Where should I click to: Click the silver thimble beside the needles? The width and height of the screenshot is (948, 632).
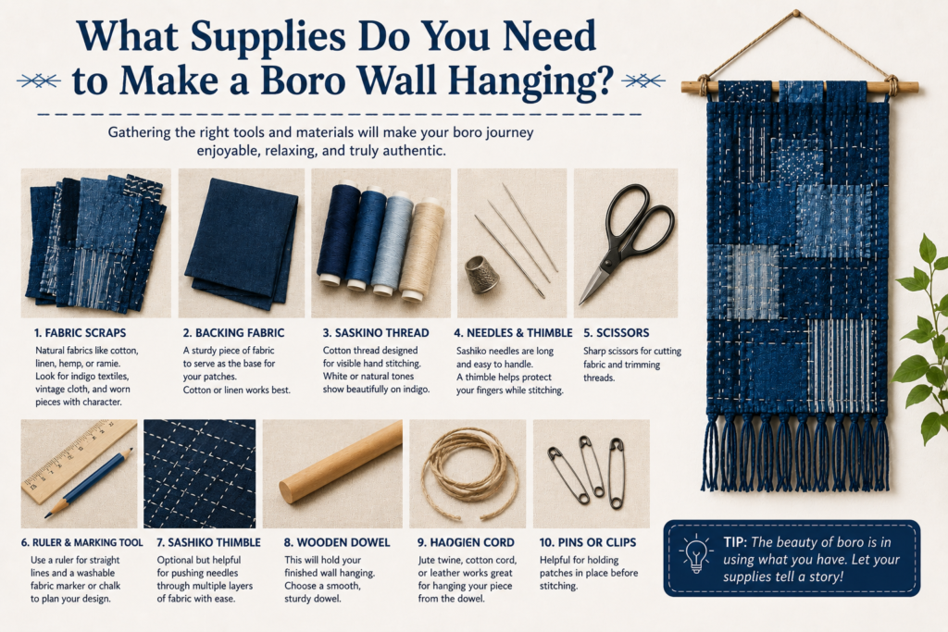pos(481,274)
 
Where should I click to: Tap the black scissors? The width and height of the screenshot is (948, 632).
pos(629,242)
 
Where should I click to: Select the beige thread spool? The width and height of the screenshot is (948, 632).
pos(421,249)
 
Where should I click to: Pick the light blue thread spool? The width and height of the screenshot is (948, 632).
pos(392,244)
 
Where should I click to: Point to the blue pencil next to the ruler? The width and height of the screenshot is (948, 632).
pos(89,483)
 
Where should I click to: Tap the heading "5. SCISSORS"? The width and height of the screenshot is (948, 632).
pos(616,333)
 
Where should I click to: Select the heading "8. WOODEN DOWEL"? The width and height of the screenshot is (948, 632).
pos(337,542)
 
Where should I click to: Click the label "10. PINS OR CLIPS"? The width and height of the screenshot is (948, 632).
pos(588,542)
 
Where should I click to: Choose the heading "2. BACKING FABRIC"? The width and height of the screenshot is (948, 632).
pos(233,333)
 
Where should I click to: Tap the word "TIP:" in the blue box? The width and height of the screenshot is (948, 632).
pos(735,542)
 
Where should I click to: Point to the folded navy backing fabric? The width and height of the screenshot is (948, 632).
pos(242,242)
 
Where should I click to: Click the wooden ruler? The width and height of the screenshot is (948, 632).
pos(79,462)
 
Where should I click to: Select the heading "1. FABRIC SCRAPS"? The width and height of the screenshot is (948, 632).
pos(80,333)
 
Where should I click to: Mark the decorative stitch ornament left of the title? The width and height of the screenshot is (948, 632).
pos(39,81)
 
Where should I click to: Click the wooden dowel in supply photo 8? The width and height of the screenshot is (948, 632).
pos(341,463)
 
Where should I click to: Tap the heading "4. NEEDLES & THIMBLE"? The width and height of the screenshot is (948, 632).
pos(513,333)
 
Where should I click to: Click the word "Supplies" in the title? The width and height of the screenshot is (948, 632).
pos(268,36)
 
